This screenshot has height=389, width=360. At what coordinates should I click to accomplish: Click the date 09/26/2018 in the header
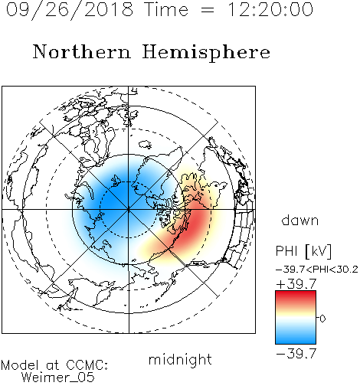point(70,10)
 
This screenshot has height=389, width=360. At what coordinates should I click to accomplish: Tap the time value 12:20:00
point(270,10)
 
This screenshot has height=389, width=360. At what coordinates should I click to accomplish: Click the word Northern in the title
point(82,52)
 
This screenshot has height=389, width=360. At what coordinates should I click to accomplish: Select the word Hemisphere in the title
point(206,53)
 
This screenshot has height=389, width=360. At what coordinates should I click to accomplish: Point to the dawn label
point(300,221)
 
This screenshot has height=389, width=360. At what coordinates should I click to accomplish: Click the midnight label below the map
point(180,359)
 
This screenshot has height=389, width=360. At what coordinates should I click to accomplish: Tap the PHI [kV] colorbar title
point(303,251)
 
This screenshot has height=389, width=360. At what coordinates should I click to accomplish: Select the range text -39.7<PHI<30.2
point(317,270)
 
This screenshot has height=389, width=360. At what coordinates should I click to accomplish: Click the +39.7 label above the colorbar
point(296,284)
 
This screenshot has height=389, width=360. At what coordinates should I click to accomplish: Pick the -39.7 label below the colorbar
point(296,354)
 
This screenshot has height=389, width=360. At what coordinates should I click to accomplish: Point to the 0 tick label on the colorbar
point(322,319)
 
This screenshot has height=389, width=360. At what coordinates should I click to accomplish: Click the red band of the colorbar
point(296,297)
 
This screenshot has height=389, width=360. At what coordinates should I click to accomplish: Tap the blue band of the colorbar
point(296,337)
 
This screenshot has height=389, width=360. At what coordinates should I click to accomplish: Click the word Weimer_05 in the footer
point(58,378)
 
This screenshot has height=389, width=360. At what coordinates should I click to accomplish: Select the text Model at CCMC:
point(54,365)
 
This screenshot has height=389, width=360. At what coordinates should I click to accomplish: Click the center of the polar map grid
point(129,210)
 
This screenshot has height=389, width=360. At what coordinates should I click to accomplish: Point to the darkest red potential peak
point(194,224)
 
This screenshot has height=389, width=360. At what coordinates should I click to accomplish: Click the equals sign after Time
point(208,10)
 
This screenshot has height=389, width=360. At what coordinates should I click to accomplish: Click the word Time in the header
point(166,10)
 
